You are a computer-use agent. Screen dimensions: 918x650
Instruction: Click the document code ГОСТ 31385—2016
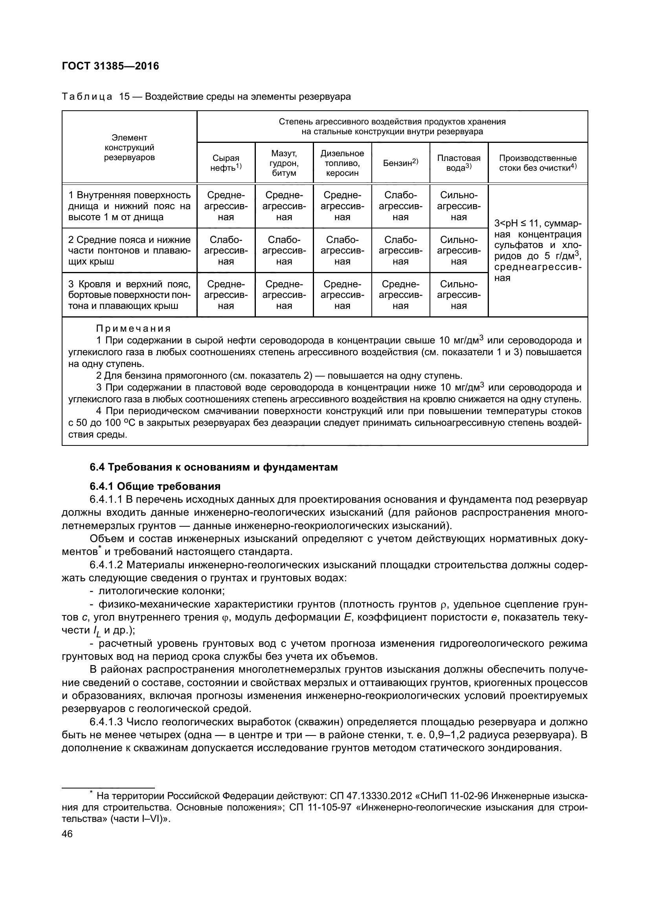(110, 66)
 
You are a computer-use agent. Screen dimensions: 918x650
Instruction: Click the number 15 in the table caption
(125, 97)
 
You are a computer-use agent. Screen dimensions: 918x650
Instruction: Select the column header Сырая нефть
(226, 163)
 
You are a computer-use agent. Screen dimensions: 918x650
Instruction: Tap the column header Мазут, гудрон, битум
(284, 163)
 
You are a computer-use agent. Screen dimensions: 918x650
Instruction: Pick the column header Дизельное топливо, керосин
(342, 163)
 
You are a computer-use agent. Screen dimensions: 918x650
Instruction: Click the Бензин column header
(400, 163)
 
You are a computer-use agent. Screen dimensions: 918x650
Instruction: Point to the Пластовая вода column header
(459, 163)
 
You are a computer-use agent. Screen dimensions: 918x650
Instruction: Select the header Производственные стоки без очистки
(538, 163)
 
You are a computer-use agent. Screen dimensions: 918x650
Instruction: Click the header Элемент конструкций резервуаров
(129, 148)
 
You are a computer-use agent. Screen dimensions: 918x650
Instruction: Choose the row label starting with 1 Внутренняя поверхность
(129, 206)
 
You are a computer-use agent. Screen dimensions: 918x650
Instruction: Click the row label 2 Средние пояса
(129, 251)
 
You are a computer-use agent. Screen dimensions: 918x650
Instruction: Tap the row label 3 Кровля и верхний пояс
(129, 295)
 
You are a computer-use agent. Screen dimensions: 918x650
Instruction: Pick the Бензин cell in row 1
(400, 206)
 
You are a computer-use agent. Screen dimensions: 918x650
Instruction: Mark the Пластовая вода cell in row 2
(459, 251)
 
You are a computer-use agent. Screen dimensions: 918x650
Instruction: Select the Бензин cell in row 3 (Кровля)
(400, 295)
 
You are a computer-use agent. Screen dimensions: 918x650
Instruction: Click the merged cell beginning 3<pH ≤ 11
(538, 251)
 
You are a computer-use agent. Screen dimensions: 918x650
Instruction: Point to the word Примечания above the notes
(133, 329)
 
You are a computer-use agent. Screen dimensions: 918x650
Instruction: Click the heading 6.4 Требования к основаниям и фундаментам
(214, 467)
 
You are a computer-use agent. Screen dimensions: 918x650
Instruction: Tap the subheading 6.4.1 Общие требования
(155, 486)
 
